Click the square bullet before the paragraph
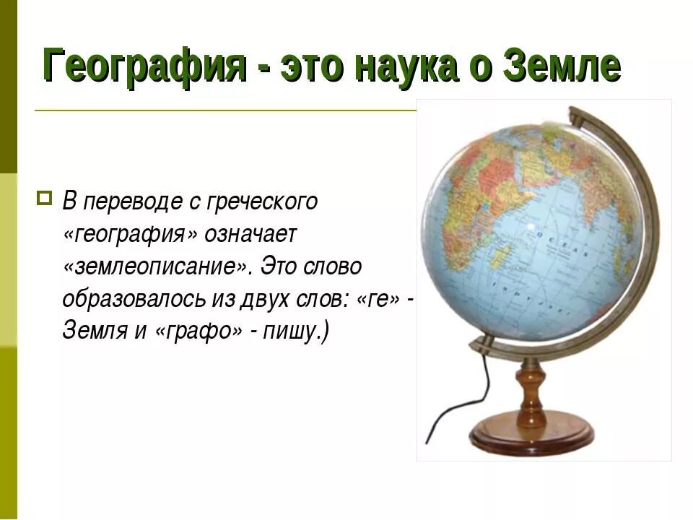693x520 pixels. (44, 196)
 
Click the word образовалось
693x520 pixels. (125, 299)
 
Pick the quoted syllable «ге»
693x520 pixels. (376, 299)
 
